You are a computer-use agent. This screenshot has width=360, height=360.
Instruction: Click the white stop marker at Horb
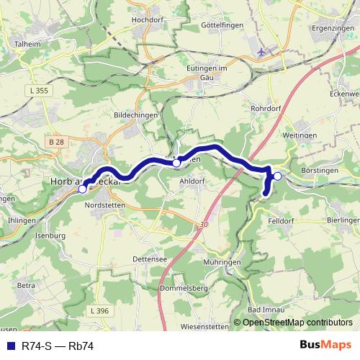pos(82,189)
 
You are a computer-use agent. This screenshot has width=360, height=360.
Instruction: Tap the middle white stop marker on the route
pos(176,163)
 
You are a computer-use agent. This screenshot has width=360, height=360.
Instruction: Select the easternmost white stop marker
pos(277,175)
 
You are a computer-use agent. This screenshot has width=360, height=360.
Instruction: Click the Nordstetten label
pos(105,204)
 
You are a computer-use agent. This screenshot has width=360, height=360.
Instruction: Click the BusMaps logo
pos(325,345)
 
